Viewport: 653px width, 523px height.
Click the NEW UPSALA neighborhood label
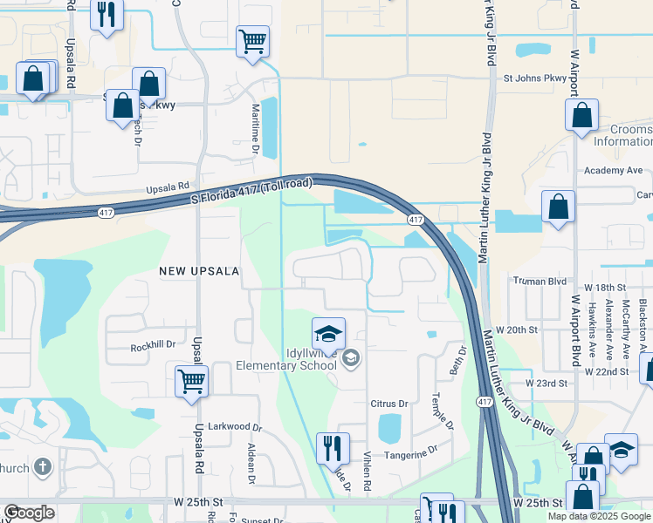199,271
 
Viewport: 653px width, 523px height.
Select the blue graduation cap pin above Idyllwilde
328,334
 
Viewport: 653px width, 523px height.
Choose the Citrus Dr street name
389,404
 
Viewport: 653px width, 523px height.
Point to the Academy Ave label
613,171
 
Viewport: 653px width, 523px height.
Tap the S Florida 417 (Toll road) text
251,194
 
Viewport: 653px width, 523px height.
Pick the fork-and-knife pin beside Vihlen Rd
332,449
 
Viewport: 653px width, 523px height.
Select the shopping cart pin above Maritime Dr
252,41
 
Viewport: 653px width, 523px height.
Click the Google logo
29,513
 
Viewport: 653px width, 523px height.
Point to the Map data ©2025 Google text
599,516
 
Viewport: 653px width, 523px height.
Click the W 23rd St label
546,383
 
